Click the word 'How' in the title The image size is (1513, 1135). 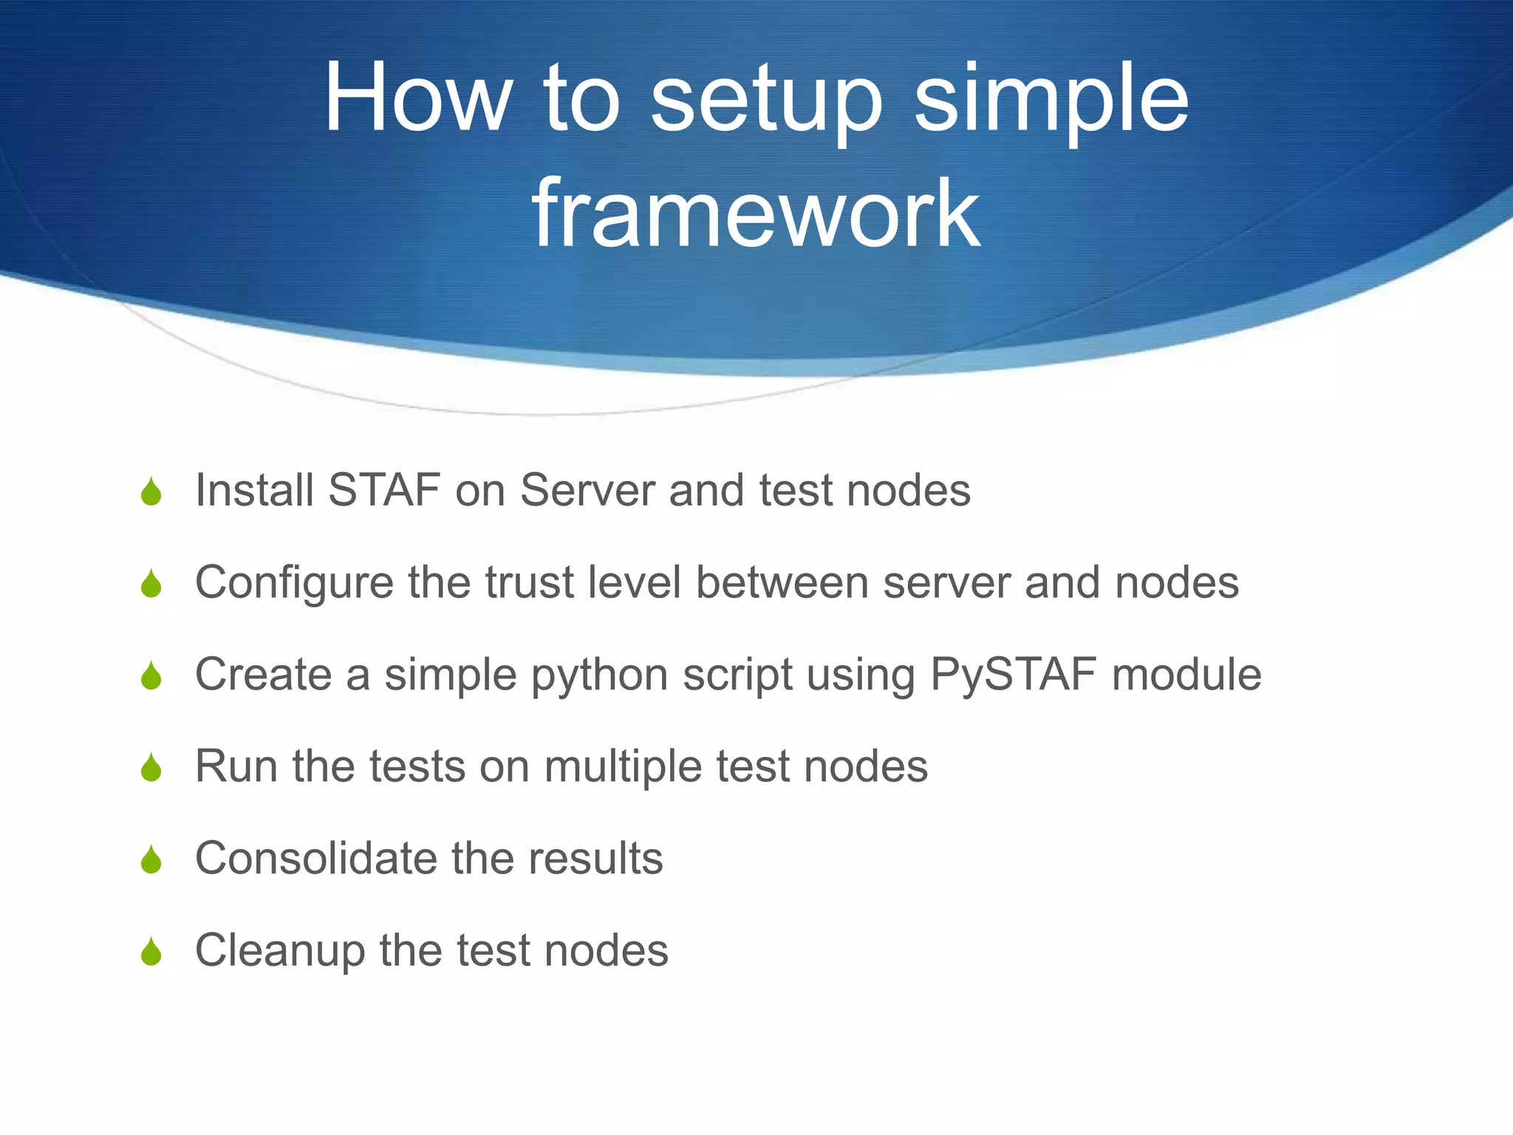tap(417, 98)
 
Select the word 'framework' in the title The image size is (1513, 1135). tap(756, 214)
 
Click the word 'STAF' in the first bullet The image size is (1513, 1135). tap(384, 490)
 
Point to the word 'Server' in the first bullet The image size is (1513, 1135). tap(587, 490)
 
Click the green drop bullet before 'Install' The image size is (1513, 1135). tap(151, 493)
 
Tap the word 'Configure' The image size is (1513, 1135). tap(294, 584)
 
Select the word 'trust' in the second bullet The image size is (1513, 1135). tap(530, 582)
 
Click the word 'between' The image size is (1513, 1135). tap(782, 582)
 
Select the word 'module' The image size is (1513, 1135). tap(1186, 674)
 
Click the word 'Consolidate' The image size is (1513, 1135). tap(315, 858)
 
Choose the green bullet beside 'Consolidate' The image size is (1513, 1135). tap(151, 861)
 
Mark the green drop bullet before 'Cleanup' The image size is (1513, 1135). tap(151, 953)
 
